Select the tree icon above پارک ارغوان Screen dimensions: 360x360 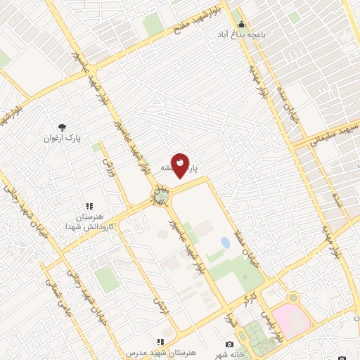pos(63,127)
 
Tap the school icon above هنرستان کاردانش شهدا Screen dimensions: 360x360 pos(89,207)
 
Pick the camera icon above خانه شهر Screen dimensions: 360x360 pos(229,344)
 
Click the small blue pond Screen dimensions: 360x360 pos(225,243)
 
